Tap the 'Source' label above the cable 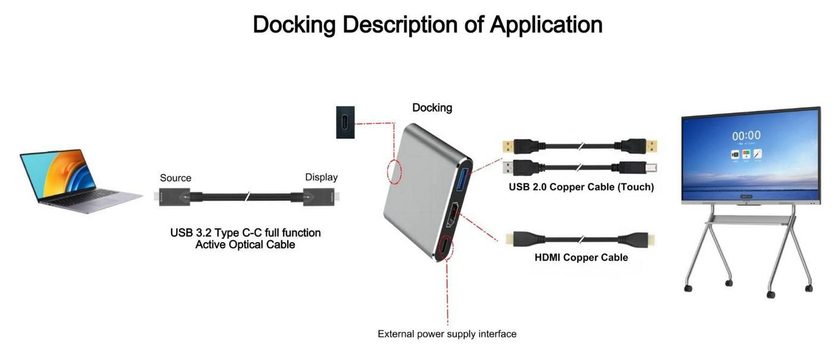[x=176, y=178]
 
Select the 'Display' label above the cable [x=321, y=177]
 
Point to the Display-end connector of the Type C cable [x=318, y=197]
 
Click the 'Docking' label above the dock [x=432, y=108]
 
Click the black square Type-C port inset [x=346, y=122]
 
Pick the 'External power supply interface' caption [x=447, y=334]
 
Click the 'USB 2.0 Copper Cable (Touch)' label [x=581, y=187]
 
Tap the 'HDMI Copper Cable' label [x=581, y=257]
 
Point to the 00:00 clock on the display [x=746, y=136]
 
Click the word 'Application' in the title [x=546, y=25]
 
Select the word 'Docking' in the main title [x=294, y=25]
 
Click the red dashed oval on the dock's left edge [x=394, y=172]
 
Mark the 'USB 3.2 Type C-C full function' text [x=245, y=232]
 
